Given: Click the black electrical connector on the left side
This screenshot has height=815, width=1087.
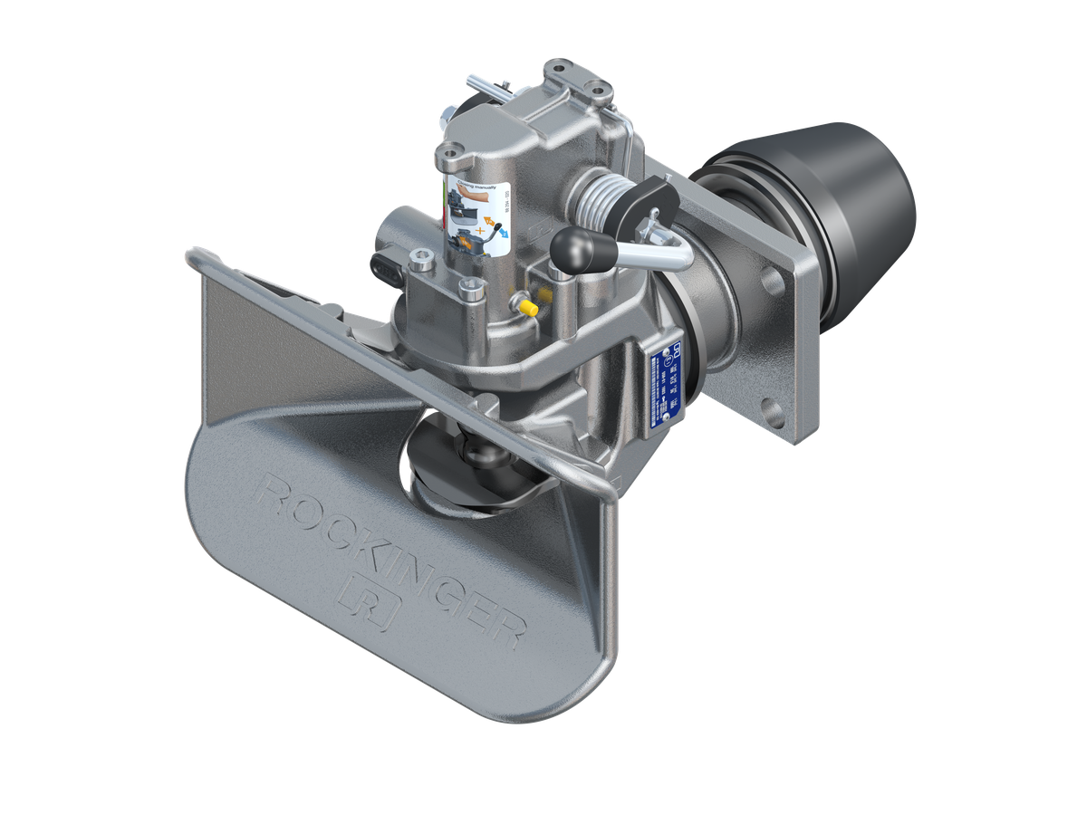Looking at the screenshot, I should tap(383, 267).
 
